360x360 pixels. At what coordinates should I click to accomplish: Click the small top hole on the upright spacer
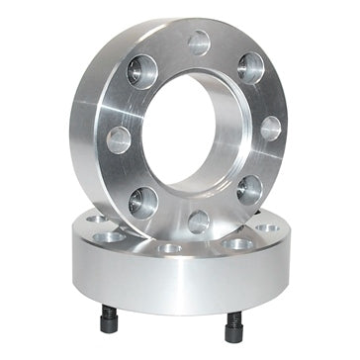tap(199, 43)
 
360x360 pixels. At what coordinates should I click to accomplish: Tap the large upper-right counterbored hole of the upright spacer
tap(251, 68)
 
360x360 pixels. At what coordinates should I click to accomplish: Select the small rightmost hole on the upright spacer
tap(269, 128)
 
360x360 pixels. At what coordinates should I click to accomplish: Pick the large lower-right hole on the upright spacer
tap(250, 187)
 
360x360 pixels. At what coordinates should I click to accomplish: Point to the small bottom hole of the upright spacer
tap(199, 220)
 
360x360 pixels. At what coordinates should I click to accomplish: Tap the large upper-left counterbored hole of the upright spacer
tap(142, 72)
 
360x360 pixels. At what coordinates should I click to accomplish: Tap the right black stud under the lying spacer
tap(235, 323)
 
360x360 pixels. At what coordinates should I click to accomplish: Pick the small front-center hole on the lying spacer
tap(171, 249)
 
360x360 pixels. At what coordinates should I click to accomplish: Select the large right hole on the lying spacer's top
tap(238, 243)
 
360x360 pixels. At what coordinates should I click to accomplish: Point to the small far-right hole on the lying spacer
tap(266, 228)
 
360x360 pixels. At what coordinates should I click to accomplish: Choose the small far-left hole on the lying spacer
tap(96, 220)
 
